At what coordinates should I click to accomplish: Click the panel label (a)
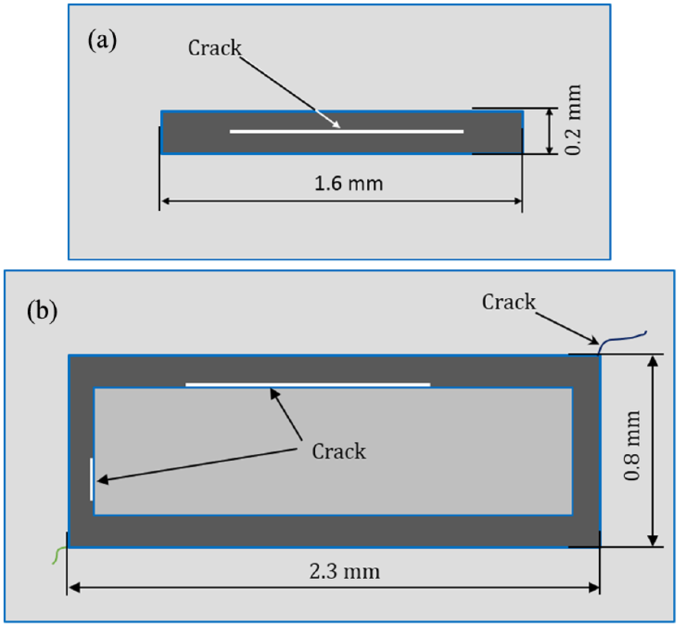click(x=102, y=41)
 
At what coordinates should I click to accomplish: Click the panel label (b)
click(x=42, y=311)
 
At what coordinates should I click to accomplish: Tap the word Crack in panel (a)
click(x=214, y=48)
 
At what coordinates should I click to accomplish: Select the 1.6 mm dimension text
click(x=349, y=183)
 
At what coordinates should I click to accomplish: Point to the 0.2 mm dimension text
click(x=573, y=120)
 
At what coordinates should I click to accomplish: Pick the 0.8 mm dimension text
click(x=631, y=446)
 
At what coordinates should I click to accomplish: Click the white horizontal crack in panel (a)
click(x=347, y=132)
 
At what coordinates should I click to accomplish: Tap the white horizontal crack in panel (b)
click(x=308, y=385)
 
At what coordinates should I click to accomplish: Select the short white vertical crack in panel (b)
click(x=92, y=479)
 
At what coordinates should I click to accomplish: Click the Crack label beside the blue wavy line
click(x=509, y=302)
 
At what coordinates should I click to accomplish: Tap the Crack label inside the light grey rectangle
click(x=339, y=451)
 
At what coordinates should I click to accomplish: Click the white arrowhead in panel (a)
click(x=336, y=124)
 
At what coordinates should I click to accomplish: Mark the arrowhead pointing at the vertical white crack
click(x=103, y=480)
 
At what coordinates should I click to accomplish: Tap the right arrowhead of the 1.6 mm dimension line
click(x=518, y=201)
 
